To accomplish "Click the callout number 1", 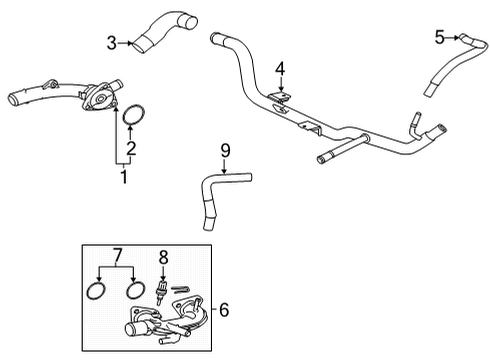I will [125, 179].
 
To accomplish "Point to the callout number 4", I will [281, 68].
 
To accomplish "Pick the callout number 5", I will [439, 37].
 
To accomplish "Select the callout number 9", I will [225, 150].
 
